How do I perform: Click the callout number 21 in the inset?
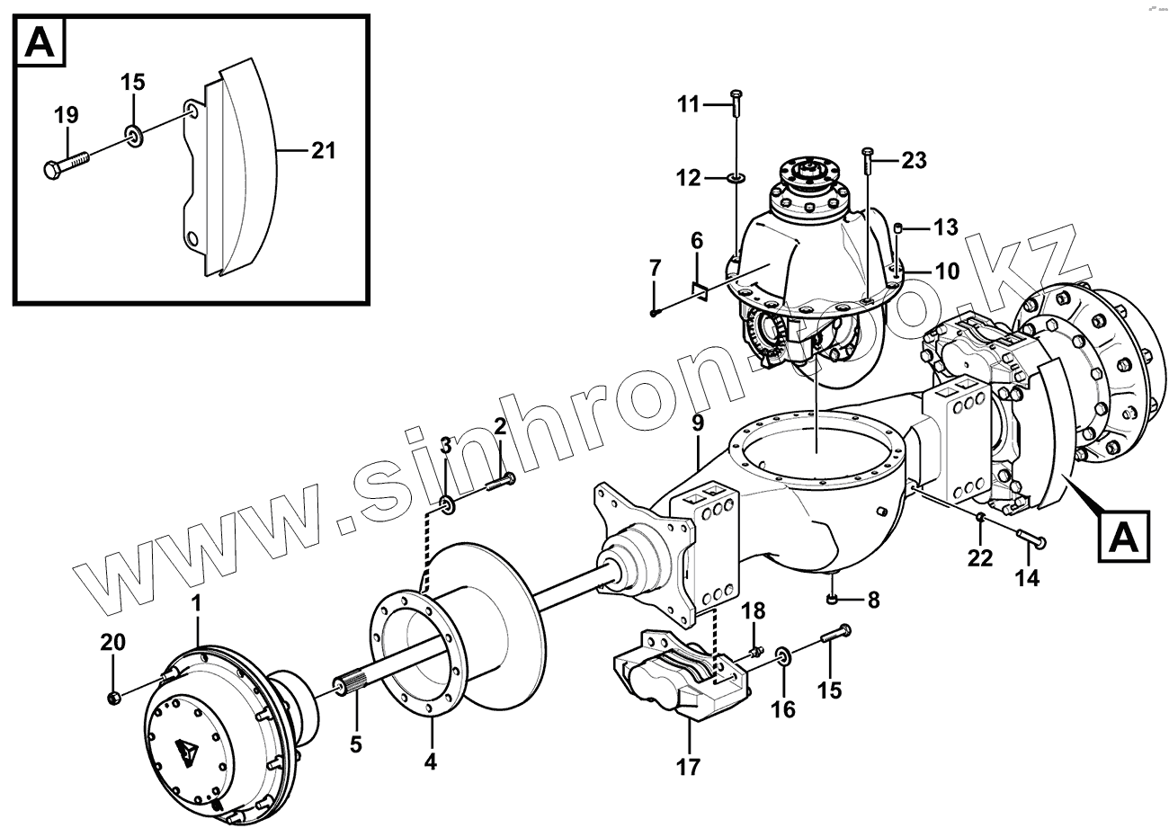[x=323, y=150]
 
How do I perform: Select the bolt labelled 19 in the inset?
[x=67, y=164]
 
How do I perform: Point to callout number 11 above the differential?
[x=688, y=105]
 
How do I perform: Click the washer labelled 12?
[x=736, y=179]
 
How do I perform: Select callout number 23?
[x=914, y=161]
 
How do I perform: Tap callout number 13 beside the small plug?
[x=945, y=227]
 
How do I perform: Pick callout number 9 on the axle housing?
[x=698, y=422]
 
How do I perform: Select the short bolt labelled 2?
[x=500, y=483]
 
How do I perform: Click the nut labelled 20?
[x=114, y=697]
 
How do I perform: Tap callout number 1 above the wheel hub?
[x=196, y=607]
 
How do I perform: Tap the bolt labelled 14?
[x=1031, y=539]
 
